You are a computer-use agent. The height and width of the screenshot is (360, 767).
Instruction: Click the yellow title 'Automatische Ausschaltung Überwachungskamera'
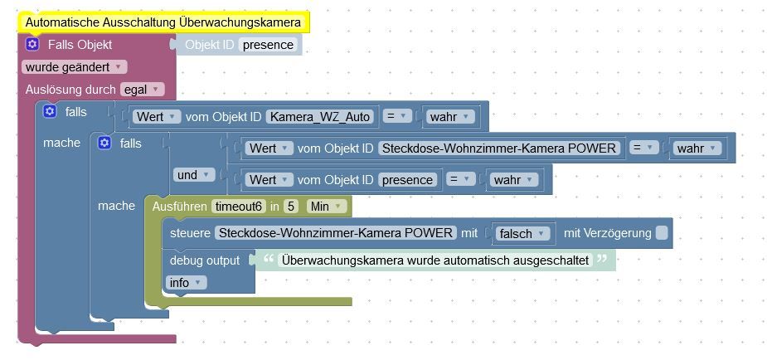[x=163, y=22]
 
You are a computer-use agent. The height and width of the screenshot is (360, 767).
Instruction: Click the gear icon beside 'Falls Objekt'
[x=32, y=45]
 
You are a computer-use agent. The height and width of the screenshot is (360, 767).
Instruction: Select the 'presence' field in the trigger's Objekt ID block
[x=268, y=45]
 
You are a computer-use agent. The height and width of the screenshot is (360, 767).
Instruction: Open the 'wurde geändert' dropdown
[x=74, y=67]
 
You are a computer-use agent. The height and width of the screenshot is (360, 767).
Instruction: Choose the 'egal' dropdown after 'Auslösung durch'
[x=143, y=90]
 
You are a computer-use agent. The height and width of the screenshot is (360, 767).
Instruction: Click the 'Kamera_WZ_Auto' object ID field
[x=320, y=117]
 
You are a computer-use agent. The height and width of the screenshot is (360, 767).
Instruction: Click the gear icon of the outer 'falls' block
[x=50, y=111]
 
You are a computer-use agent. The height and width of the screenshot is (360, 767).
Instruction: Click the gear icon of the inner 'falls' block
[x=104, y=143]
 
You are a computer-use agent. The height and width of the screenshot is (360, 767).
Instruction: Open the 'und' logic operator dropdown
[x=194, y=175]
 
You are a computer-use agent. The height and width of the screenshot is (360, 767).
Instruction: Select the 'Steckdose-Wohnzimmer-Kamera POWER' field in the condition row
[x=499, y=148]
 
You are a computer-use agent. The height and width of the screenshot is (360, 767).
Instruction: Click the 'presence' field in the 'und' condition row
[x=407, y=179]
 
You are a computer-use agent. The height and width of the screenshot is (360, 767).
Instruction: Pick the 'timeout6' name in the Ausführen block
[x=239, y=207]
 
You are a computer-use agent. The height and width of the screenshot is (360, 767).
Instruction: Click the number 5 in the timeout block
[x=290, y=207]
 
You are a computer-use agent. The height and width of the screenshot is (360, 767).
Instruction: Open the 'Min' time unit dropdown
[x=326, y=207]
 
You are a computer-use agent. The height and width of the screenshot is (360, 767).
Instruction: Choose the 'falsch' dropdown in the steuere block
[x=522, y=234]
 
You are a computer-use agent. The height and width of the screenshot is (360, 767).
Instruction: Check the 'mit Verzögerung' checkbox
[x=662, y=233]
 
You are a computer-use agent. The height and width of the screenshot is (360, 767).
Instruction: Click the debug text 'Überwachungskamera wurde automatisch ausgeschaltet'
[x=434, y=260]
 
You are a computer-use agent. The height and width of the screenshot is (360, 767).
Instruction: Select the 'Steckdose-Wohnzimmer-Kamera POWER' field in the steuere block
[x=336, y=233]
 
